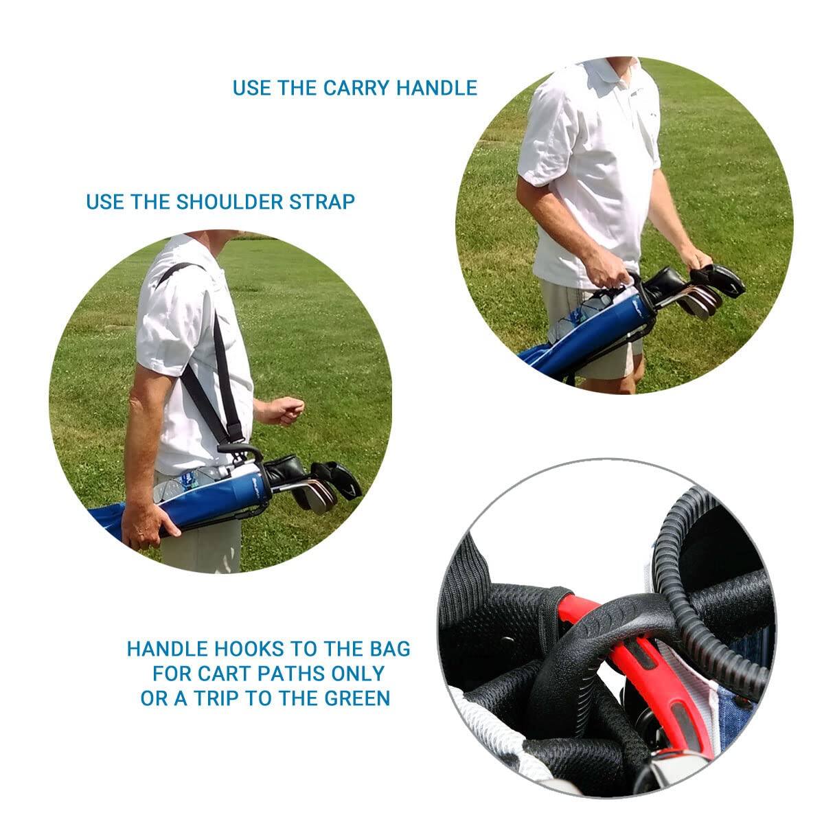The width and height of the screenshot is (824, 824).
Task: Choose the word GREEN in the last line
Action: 357,698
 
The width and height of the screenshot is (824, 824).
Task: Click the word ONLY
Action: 360,673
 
